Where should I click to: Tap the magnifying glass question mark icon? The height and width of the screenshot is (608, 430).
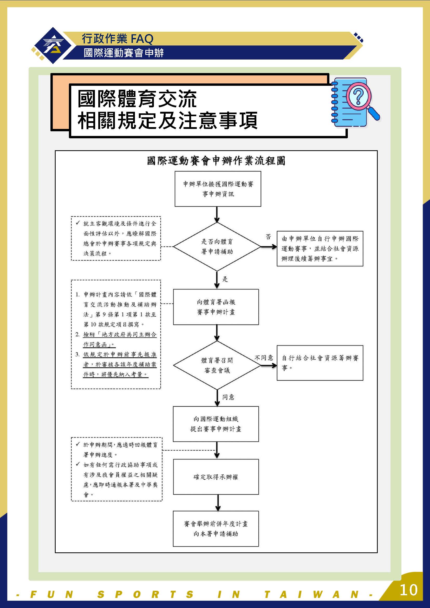tap(355, 102)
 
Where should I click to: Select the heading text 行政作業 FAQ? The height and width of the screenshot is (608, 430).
tap(118, 39)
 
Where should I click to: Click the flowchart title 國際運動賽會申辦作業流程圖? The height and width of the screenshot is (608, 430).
tap(216, 161)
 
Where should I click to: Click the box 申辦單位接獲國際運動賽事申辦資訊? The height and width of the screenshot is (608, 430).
tap(218, 189)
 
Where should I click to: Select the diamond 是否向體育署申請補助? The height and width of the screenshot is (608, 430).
tap(217, 246)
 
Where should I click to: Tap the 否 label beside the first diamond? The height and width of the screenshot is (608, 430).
tap(268, 237)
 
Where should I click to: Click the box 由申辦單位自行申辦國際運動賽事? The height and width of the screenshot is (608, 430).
tap(320, 249)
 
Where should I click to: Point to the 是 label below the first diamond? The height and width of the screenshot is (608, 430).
tap(225, 279)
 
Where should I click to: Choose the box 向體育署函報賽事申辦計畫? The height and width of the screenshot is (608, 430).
tap(216, 307)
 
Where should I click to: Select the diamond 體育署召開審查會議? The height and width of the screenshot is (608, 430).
tap(217, 365)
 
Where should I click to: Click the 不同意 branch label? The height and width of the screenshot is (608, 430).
tap(264, 358)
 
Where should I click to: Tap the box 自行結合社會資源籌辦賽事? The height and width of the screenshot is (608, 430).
tap(320, 363)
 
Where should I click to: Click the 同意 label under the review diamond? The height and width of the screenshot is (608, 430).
tap(228, 397)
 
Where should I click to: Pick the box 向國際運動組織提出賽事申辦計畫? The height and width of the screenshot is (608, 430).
tap(216, 424)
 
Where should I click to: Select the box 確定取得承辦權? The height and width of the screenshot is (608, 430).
tap(216, 477)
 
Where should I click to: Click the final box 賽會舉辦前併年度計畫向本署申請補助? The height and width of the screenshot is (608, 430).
tap(216, 529)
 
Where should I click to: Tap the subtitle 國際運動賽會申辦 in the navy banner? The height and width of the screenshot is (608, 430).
tap(124, 53)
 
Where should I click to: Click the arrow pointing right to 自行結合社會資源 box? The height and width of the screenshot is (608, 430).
tap(269, 365)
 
